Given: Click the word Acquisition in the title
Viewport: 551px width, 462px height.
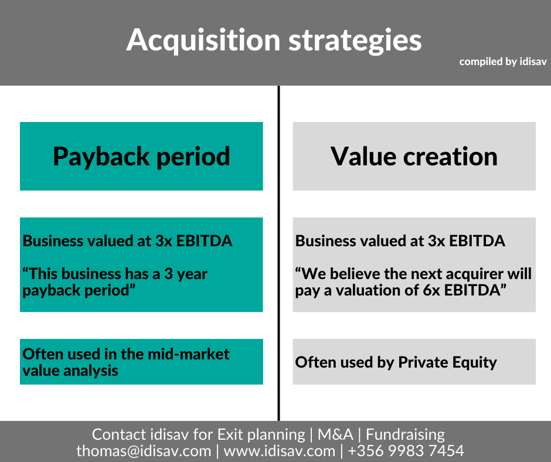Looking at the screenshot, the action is click(203, 40).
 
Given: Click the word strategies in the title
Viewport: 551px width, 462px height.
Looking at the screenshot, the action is click(355, 40).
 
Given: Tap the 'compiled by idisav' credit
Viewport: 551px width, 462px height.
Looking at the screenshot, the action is click(503, 62).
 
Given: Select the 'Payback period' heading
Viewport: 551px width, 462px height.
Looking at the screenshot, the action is click(141, 157).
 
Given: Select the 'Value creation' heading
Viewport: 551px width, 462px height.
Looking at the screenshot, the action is click(414, 156).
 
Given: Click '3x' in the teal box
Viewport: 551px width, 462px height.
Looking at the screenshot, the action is click(164, 241).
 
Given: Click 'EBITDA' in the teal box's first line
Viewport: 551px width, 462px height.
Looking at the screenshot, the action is click(204, 241).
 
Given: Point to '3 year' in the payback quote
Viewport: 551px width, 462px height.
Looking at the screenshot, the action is click(186, 274).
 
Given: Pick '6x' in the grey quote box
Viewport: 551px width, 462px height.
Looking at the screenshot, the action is click(431, 290).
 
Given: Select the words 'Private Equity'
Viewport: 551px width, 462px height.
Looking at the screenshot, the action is click(448, 362).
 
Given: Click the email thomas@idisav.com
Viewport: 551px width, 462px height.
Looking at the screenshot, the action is click(144, 451).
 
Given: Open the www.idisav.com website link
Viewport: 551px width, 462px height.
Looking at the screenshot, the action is click(280, 451).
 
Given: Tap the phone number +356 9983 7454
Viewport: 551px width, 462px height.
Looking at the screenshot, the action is click(406, 451).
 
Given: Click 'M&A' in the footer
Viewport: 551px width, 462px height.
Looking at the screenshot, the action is click(335, 434).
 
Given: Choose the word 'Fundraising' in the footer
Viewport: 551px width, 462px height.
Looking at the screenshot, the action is click(405, 435).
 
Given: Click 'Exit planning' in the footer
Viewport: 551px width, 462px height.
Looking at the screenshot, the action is click(261, 435).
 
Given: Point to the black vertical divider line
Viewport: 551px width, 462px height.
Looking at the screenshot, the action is click(278, 253).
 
